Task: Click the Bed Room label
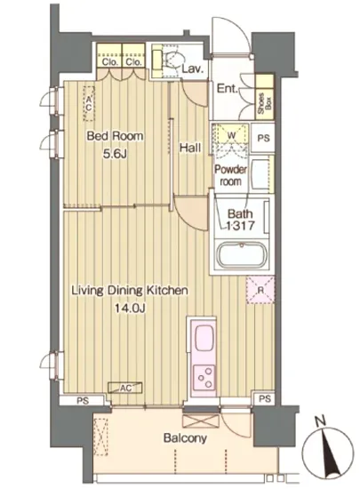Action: [115, 136]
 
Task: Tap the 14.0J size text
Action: [130, 309]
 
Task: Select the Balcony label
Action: [185, 438]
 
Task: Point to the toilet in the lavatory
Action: [167, 60]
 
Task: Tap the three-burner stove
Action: [204, 378]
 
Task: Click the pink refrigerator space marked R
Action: [260, 290]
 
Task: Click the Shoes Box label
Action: [264, 104]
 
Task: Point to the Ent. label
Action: [228, 89]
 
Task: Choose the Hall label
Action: [190, 148]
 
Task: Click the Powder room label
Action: [230, 175]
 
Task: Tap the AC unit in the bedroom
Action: [89, 104]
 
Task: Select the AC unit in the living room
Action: [125, 388]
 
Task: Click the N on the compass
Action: [320, 421]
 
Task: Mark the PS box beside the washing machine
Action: [263, 138]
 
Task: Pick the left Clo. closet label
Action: [110, 61]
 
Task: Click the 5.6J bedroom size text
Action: [115, 154]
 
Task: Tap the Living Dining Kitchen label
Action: [130, 291]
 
